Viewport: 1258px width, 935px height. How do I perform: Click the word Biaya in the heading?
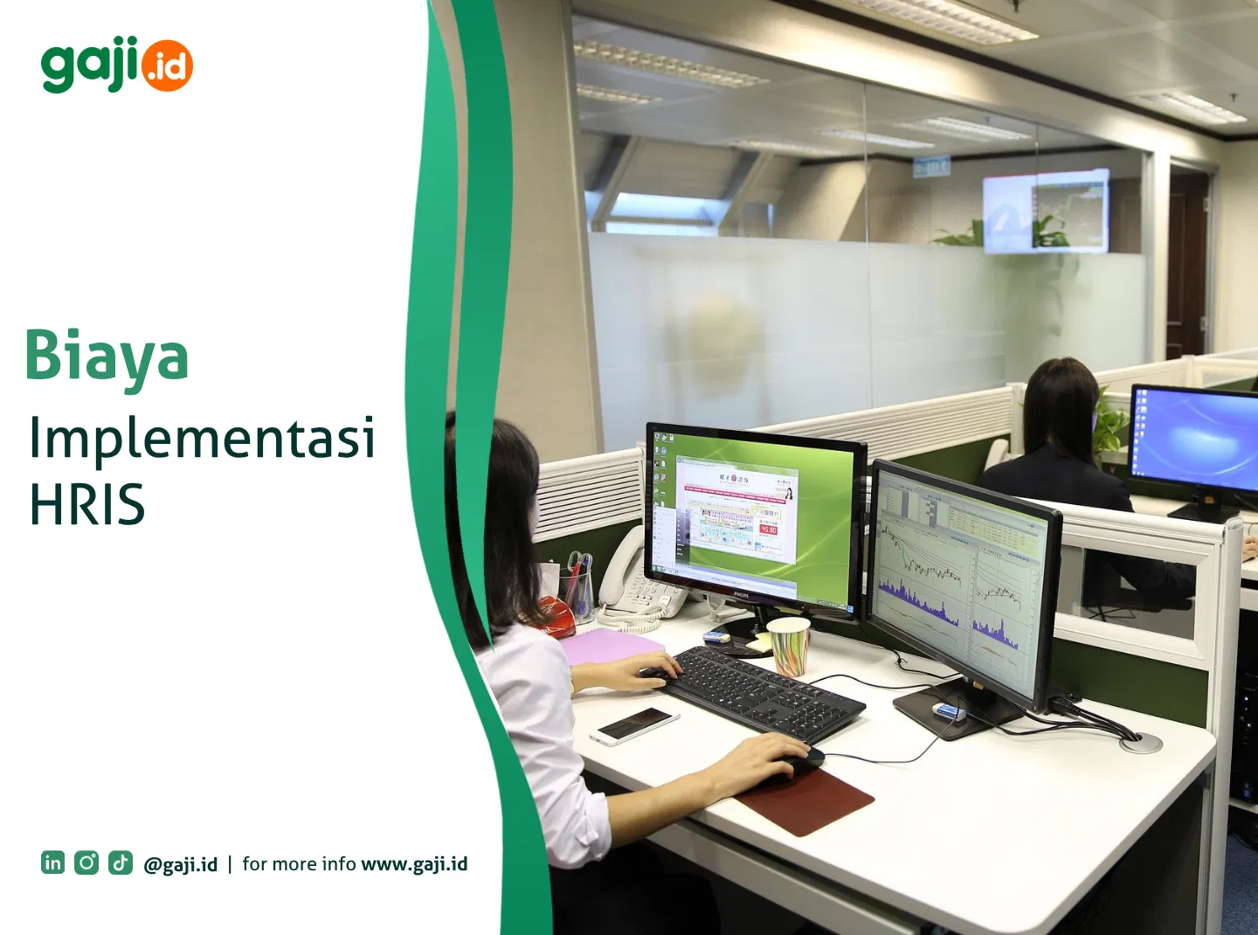(x=107, y=357)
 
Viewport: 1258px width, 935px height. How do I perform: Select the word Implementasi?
(x=202, y=439)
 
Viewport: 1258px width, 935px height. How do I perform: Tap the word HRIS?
(x=87, y=505)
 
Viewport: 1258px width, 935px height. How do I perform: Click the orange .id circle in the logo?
(x=167, y=66)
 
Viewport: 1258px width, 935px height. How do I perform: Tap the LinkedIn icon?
(x=52, y=862)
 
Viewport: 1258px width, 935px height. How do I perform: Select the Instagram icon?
(x=86, y=862)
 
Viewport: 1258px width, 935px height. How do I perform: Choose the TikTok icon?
(x=121, y=862)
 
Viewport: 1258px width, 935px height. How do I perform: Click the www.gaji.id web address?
(x=414, y=864)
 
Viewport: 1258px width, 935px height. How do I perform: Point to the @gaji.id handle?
(x=181, y=864)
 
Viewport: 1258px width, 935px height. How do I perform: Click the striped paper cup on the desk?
(x=789, y=646)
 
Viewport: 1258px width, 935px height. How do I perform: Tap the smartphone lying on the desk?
(x=635, y=724)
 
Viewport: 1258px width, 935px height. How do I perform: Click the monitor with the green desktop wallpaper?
(x=754, y=516)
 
